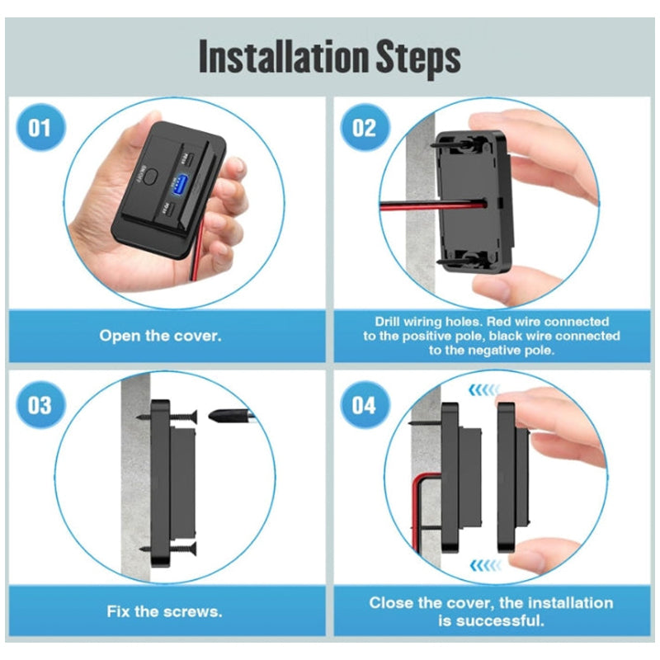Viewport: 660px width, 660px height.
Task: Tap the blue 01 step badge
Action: (40, 128)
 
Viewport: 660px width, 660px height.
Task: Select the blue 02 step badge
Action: (365, 128)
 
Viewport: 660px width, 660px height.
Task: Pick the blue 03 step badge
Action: (40, 404)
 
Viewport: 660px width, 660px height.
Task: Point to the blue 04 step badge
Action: (365, 404)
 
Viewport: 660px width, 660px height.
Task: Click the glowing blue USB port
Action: (180, 185)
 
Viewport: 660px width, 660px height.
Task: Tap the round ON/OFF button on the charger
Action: (150, 176)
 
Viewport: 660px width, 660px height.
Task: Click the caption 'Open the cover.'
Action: (160, 336)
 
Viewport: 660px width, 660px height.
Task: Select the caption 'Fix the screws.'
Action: (164, 611)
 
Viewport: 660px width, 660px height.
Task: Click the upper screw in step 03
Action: (167, 417)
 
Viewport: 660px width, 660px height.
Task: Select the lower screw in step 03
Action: (168, 548)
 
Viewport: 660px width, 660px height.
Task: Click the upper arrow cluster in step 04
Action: (484, 390)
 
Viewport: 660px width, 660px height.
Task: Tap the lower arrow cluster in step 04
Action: (485, 565)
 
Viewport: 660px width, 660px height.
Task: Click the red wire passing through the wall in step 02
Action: (434, 205)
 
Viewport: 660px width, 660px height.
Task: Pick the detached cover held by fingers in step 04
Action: (513, 478)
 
